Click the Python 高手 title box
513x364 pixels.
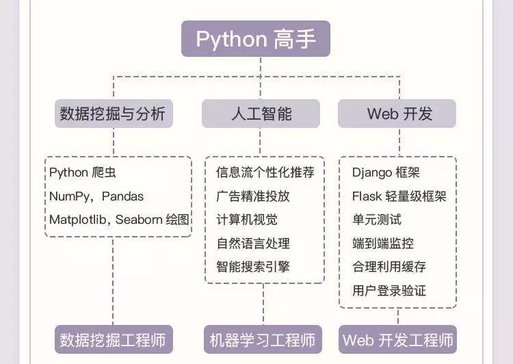pos(256,38)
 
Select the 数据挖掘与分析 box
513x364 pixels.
pos(114,114)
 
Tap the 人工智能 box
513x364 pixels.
pos(261,114)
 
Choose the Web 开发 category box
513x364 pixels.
pos(397,114)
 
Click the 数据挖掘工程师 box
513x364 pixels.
pos(114,339)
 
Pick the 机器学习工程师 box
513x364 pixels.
pos(263,339)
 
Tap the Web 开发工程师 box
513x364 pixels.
pos(397,339)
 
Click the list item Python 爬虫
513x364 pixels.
pos(78,172)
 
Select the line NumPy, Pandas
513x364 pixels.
pos(96,196)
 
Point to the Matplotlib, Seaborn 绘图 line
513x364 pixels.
pos(118,220)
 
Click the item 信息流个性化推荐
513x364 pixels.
pos(265,172)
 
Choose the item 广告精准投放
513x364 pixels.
pos(252,196)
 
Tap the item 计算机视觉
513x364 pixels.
pos(246,220)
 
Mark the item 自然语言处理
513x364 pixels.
pos(252,243)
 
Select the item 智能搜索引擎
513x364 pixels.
pos(252,266)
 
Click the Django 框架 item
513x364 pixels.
pos(386,172)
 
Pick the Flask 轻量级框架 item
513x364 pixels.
pos(399,196)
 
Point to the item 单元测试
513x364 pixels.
pos(376,220)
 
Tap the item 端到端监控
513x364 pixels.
pos(382,243)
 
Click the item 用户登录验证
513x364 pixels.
pos(389,290)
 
